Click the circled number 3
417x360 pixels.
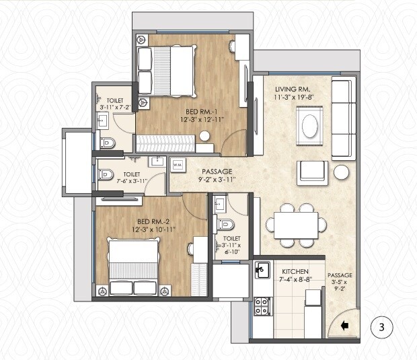tap(381, 328)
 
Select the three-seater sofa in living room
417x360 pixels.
tap(343, 117)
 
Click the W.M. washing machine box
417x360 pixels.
tap(178, 164)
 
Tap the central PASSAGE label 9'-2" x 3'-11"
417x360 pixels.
tap(217, 176)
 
